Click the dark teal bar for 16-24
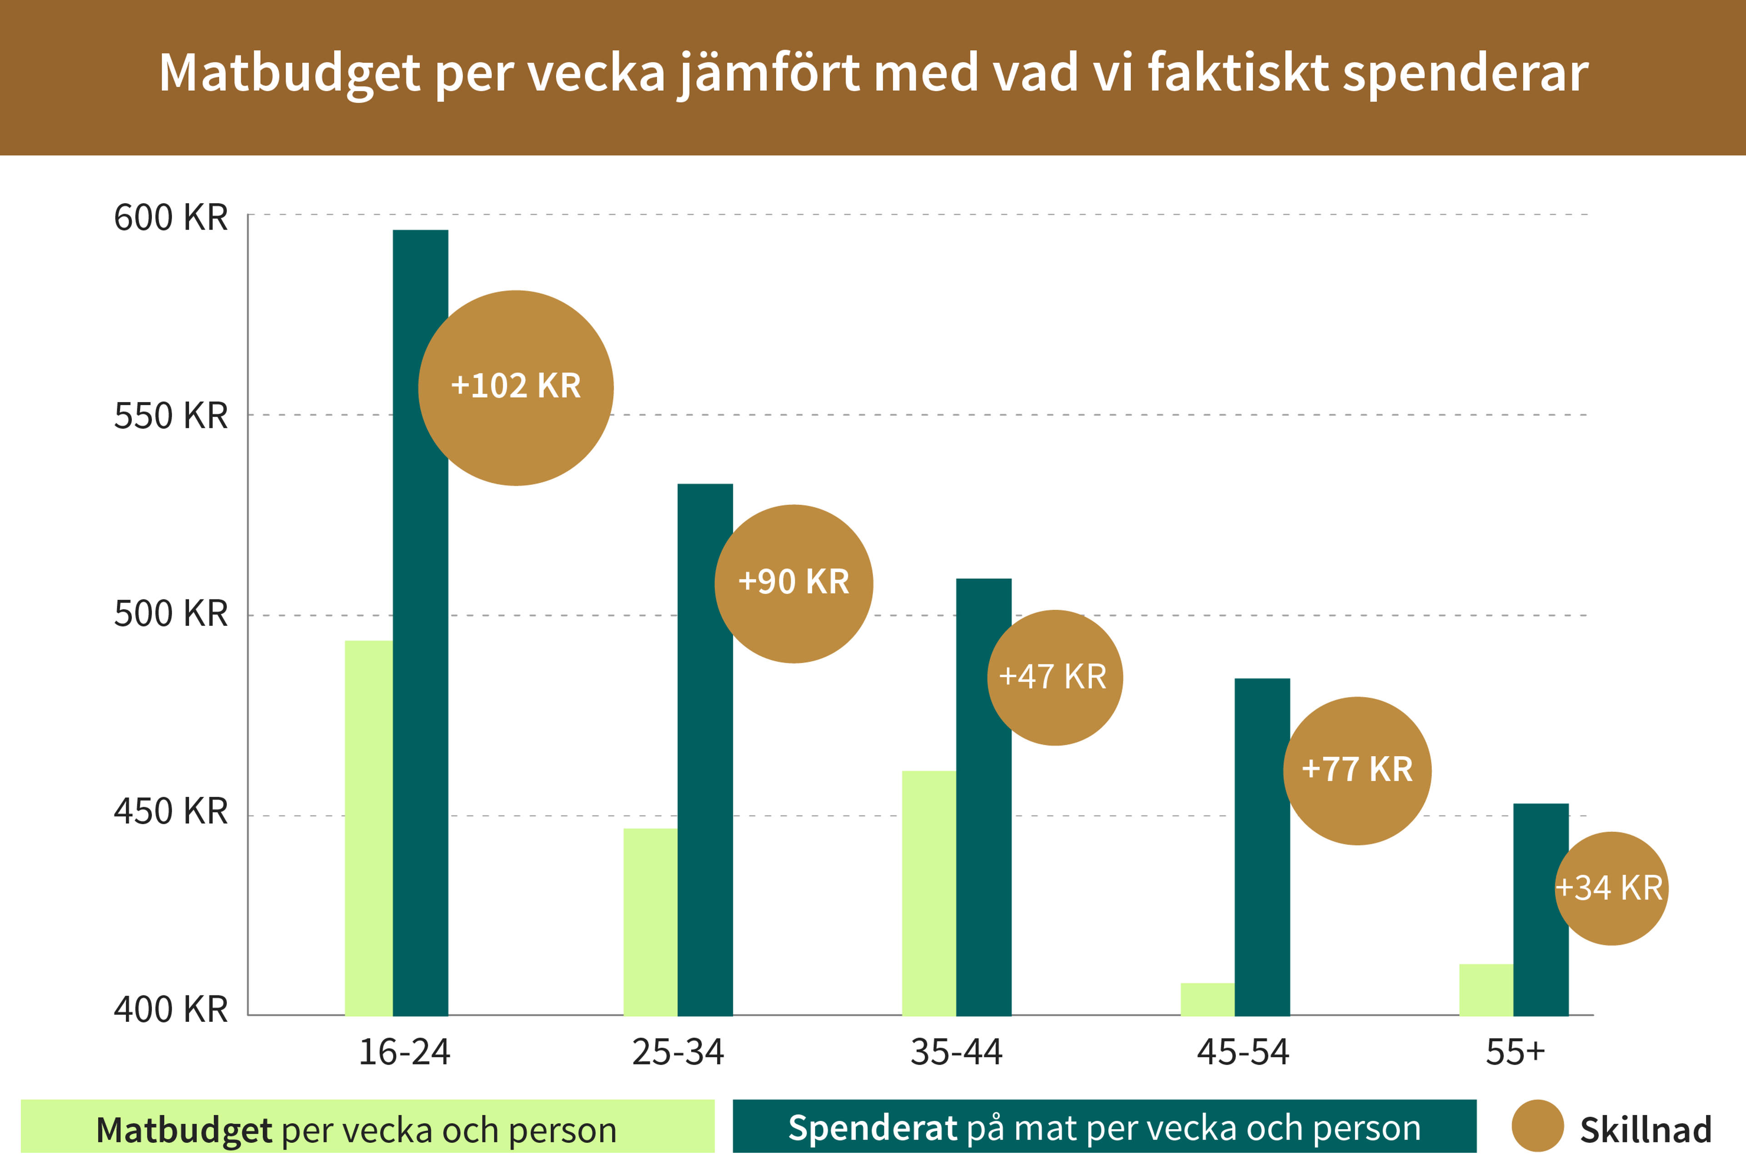pyautogui.click(x=420, y=669)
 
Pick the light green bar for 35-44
pyautogui.click(x=928, y=892)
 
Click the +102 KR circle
pyautogui.click(x=516, y=387)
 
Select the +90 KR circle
pyautogui.click(x=794, y=584)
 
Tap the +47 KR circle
pyautogui.click(x=1055, y=678)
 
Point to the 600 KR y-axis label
pyautogui.click(x=170, y=218)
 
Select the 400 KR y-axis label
pyautogui.click(x=170, y=1009)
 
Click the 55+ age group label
pyautogui.click(x=1515, y=1051)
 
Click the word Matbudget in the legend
pyautogui.click(x=184, y=1130)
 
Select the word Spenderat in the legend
pyautogui.click(x=873, y=1128)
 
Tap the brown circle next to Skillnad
pyautogui.click(x=1537, y=1126)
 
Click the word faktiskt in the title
pyautogui.click(x=1238, y=73)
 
